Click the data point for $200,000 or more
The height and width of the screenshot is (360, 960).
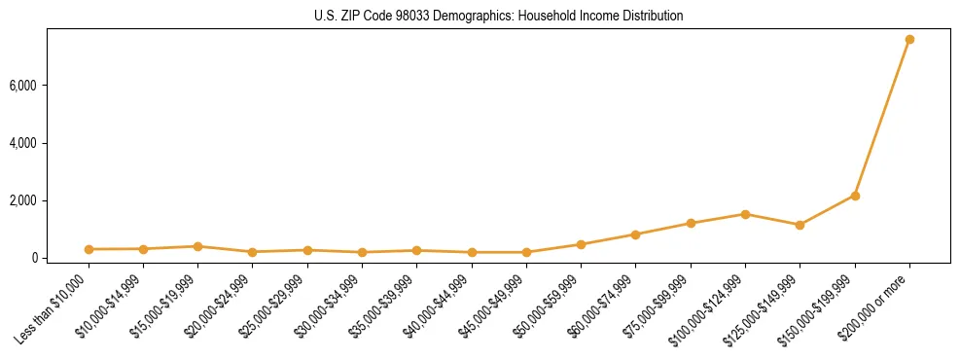[x=909, y=40]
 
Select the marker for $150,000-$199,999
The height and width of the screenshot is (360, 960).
[x=855, y=196]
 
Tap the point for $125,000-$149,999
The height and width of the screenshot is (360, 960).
[x=800, y=225]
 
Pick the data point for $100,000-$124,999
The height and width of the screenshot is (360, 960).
[x=745, y=214]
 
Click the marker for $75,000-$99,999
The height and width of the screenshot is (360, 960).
[x=691, y=223]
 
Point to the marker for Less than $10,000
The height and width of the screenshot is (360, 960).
[x=89, y=249]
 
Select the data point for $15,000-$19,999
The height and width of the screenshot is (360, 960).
[x=197, y=246]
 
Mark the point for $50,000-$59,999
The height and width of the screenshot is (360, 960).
[x=581, y=244]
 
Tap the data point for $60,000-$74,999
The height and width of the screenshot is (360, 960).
[x=635, y=234]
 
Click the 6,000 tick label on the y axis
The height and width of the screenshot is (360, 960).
[x=23, y=86]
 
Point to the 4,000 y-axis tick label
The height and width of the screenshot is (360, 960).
[x=23, y=143]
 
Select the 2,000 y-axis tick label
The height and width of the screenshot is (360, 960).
[x=23, y=200]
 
